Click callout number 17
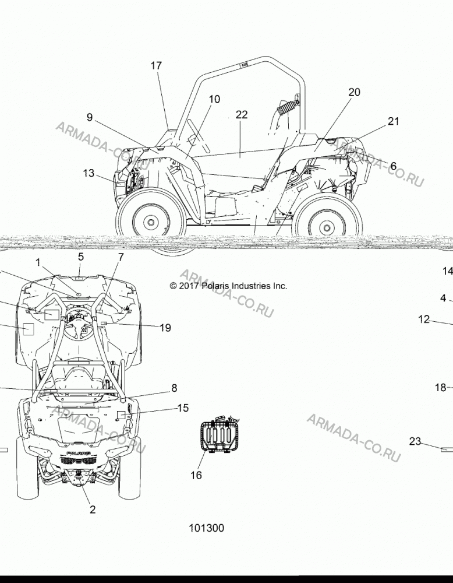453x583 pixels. click(x=156, y=65)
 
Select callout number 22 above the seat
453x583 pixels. click(x=242, y=114)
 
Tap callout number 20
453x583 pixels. click(x=354, y=92)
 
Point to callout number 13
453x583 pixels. click(x=89, y=173)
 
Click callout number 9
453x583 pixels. click(x=90, y=118)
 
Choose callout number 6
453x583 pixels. click(x=393, y=166)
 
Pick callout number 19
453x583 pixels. click(x=165, y=328)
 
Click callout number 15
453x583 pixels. click(x=183, y=408)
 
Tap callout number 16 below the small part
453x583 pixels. click(x=196, y=475)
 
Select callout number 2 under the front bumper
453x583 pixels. click(x=93, y=510)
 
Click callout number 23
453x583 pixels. click(x=415, y=441)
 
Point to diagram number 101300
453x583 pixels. click(x=207, y=528)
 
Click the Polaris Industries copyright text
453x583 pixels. click(x=228, y=286)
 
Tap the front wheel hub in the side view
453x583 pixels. click(x=151, y=222)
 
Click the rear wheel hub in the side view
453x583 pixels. click(x=327, y=227)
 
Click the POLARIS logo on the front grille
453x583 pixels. click(x=79, y=454)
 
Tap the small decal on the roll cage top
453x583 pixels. click(x=245, y=64)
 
